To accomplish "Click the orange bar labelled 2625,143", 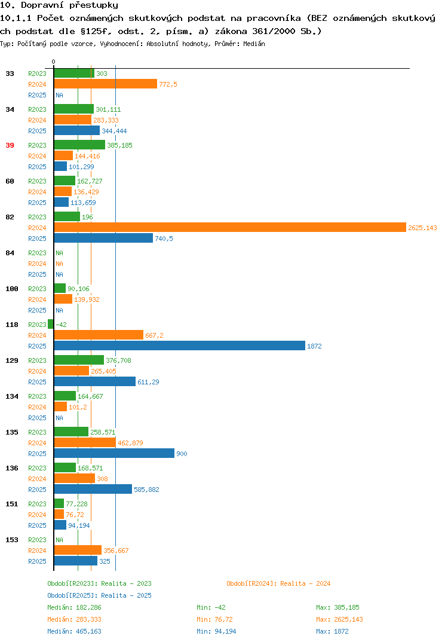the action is point(230,228).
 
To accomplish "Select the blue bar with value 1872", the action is point(180,346).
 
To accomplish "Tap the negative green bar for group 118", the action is point(51,324).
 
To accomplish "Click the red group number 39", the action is point(10,145).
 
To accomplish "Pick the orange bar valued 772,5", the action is point(106,84).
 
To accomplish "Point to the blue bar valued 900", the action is point(114,453).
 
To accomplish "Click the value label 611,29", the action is point(149,382).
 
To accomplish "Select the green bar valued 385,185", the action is point(79,145).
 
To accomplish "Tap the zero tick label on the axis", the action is point(54,62).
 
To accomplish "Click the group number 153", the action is point(12,540).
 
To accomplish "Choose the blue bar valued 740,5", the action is point(103,238).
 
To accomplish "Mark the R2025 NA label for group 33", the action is point(59,95).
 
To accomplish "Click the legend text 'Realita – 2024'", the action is point(305,583).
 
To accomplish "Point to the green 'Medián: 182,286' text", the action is point(75,607).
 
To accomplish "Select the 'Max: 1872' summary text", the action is point(332,631).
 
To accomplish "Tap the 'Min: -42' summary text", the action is point(211,607).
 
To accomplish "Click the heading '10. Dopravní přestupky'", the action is point(59,5).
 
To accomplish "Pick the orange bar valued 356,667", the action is point(78,551).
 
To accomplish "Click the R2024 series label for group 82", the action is point(37,228).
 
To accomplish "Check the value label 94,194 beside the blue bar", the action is point(79,525).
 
